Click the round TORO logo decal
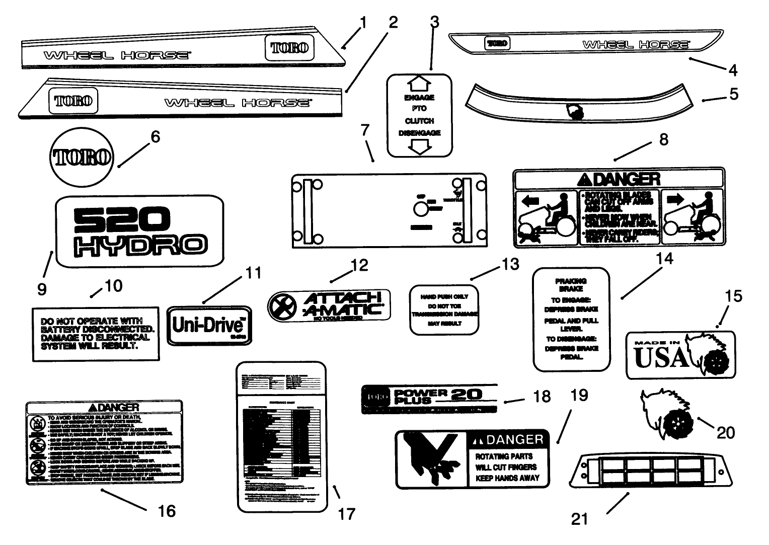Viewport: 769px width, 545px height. pyautogui.click(x=83, y=157)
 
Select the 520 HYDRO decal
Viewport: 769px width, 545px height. pyautogui.click(x=139, y=232)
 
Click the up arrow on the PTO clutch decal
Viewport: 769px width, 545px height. pyautogui.click(x=419, y=83)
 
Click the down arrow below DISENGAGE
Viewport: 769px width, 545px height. pyautogui.click(x=419, y=146)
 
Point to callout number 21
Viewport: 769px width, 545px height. pyautogui.click(x=580, y=518)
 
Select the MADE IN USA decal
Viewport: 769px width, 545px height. pyautogui.click(x=680, y=355)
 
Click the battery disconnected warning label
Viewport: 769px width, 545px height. pyautogui.click(x=96, y=334)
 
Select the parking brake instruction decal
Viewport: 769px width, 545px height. pyautogui.click(x=571, y=319)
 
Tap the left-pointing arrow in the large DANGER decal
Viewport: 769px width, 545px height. pyautogui.click(x=530, y=200)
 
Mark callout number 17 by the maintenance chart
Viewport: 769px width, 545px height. pyautogui.click(x=346, y=514)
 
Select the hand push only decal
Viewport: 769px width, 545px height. pyautogui.click(x=444, y=310)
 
